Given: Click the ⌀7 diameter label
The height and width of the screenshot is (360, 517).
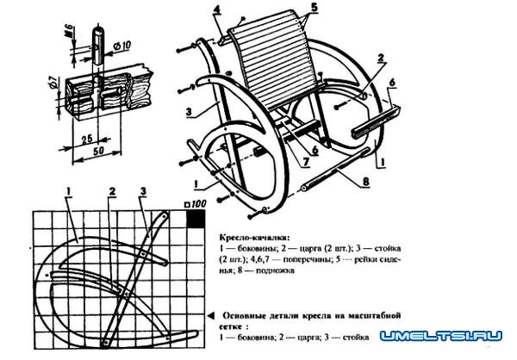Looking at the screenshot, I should click(x=49, y=85).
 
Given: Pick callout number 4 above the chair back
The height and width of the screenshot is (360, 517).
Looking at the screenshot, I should click(x=217, y=10).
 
